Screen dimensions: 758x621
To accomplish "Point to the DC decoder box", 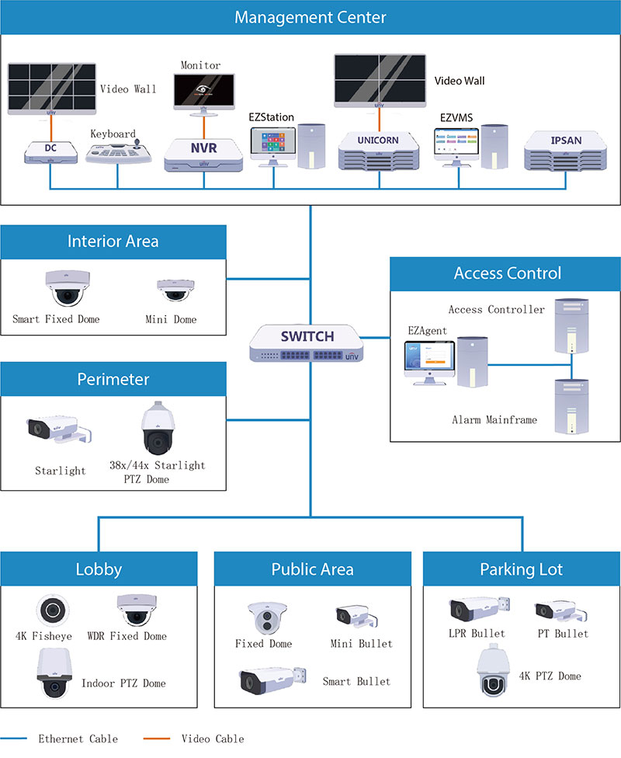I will coord(50,151).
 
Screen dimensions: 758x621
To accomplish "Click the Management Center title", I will coord(310,17).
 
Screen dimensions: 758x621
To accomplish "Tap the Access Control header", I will coord(507,273).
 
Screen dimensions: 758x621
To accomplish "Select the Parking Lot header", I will coord(522,569).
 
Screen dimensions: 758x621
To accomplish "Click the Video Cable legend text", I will coord(212,739).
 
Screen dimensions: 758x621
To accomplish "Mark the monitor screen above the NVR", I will coord(204,92).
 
